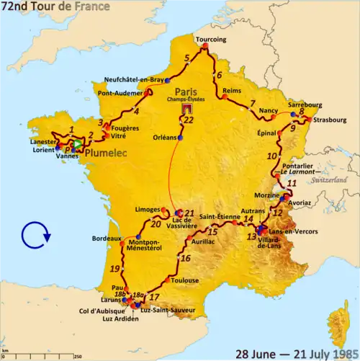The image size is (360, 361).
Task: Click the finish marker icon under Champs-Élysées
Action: pyautogui.click(x=187, y=110)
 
